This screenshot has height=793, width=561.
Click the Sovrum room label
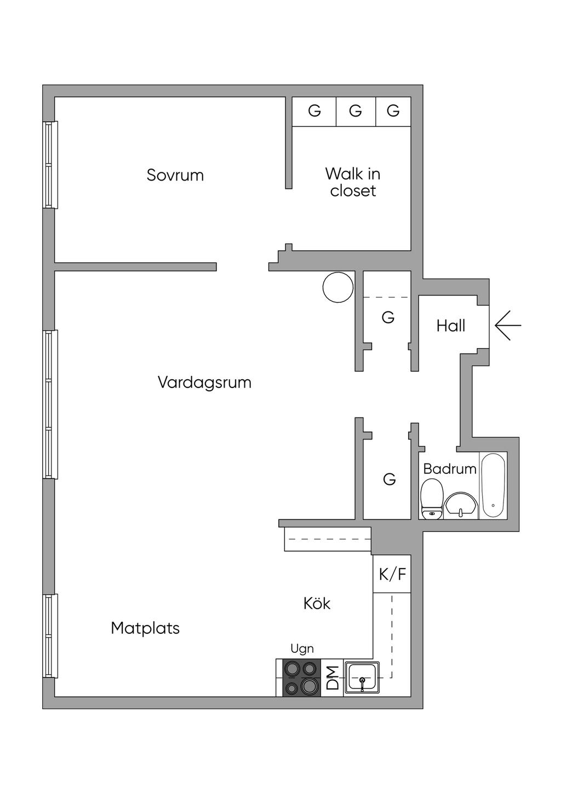[x=175, y=175]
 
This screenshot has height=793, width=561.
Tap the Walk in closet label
[x=353, y=182]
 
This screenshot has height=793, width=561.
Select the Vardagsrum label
[x=204, y=382]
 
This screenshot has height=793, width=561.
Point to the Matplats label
[x=145, y=628]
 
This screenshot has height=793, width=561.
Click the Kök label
[x=317, y=603]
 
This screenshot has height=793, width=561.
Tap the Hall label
[x=450, y=326]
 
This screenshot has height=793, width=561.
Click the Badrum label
[x=449, y=469]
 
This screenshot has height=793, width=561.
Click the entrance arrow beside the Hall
[x=508, y=326]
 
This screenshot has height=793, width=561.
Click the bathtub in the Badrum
[x=493, y=485]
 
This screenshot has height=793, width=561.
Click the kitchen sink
[x=362, y=678]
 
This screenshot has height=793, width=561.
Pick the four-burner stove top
[x=301, y=678]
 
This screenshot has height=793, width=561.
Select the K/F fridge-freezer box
[x=392, y=574]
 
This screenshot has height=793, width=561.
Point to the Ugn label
[x=302, y=649]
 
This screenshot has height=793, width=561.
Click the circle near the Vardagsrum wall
[x=338, y=287]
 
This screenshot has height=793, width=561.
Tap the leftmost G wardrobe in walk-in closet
[x=314, y=111]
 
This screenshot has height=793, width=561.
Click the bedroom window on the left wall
[x=50, y=164]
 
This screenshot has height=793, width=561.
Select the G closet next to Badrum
[x=389, y=479]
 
